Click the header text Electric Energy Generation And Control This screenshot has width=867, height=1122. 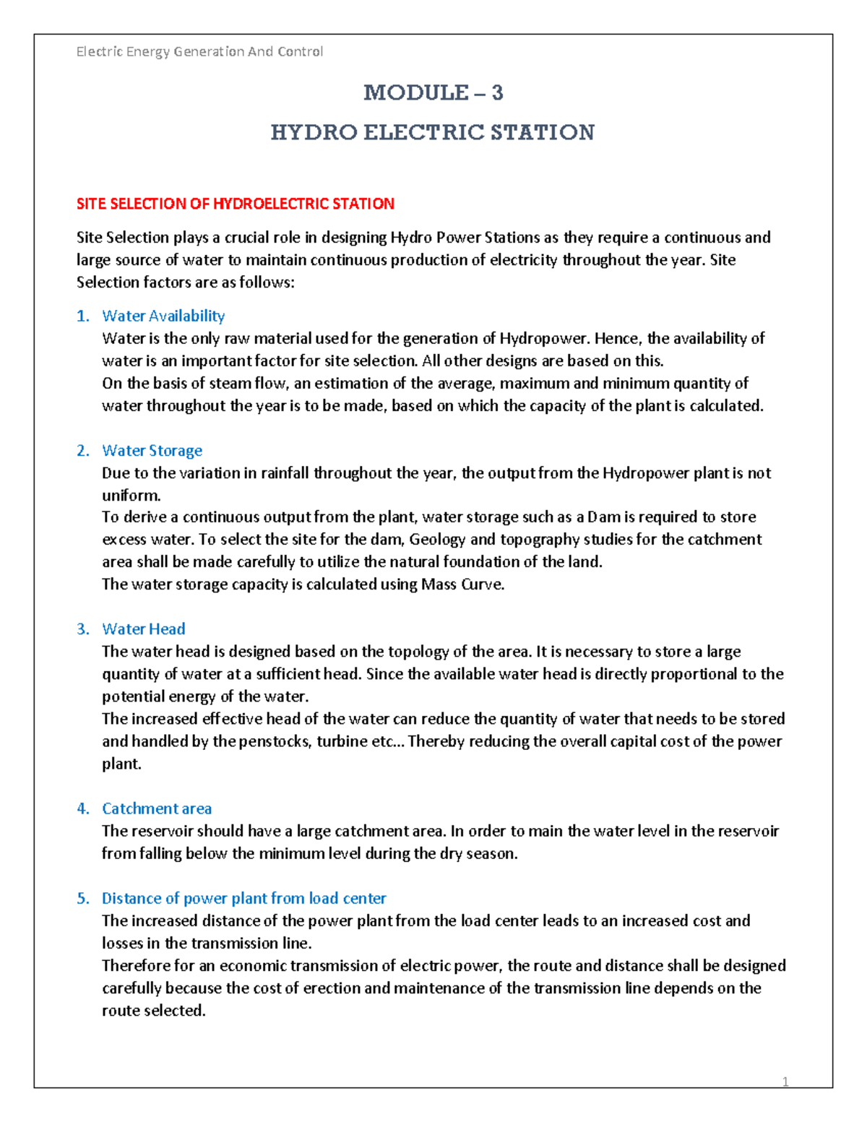coord(199,51)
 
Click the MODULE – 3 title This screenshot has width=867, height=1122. coord(433,92)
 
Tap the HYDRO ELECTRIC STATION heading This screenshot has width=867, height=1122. coord(432,132)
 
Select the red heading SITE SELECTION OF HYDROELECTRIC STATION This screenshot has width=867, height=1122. coord(236,204)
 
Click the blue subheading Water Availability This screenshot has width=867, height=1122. coord(163,316)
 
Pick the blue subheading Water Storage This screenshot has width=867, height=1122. coord(152,451)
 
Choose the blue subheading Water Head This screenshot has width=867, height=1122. coord(143,629)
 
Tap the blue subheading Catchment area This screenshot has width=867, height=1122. coord(157,808)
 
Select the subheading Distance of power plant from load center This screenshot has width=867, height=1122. coord(243,898)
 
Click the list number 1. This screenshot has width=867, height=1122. coord(82,316)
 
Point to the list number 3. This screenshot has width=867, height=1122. coord(82,629)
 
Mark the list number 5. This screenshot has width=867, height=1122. coord(82,898)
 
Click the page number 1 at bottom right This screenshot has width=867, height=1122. coord(785,1082)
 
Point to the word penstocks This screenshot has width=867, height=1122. coord(274,741)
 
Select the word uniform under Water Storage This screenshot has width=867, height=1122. coord(130,496)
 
